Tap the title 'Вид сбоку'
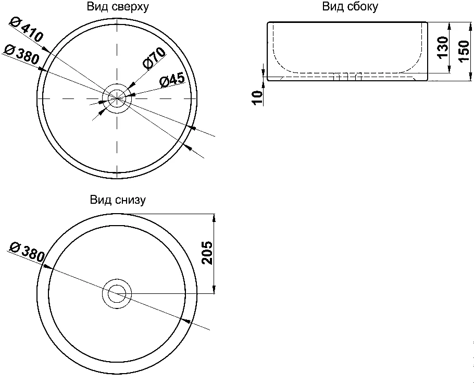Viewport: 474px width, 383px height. [350, 7]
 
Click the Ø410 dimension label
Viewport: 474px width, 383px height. [27, 30]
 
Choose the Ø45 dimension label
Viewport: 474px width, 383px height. [172, 79]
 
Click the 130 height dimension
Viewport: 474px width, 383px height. [442, 47]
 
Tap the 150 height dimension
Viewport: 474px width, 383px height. [464, 51]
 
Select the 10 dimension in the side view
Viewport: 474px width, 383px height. [256, 97]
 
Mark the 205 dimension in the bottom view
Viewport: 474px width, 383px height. [207, 253]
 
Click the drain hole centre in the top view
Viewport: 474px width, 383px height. [117, 98]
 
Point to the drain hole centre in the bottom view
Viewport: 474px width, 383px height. [117, 293]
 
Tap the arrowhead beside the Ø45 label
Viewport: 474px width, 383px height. [132, 95]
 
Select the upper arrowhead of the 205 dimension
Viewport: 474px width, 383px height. [214, 217]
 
